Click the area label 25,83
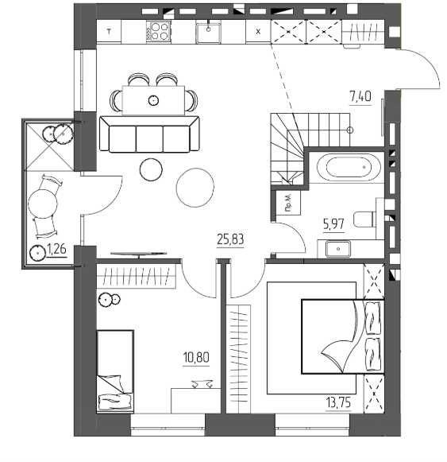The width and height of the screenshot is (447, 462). point(230,239)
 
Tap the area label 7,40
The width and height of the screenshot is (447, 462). point(360,96)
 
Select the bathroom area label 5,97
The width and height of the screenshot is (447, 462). point(333,224)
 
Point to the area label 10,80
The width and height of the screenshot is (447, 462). point(196,357)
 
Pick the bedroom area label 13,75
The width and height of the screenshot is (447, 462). point(339,402)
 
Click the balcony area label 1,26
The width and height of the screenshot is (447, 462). point(57,250)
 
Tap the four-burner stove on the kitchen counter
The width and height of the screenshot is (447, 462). point(158,32)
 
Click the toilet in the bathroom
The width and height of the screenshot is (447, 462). point(365,219)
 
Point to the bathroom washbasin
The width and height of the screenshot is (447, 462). point(337,249)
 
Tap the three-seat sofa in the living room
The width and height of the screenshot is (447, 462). point(149,134)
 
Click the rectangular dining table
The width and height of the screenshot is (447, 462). point(153,100)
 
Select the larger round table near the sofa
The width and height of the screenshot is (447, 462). point(195,188)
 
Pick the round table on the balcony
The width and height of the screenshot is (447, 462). point(43,204)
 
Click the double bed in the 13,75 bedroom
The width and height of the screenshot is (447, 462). point(343,336)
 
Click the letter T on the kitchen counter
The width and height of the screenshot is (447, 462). point(110,32)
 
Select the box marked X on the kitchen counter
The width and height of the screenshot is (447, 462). point(258,32)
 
